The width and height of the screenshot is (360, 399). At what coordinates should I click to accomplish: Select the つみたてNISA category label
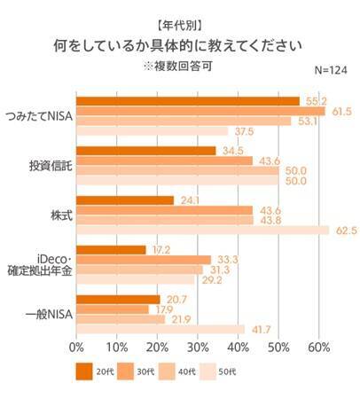tap(39, 116)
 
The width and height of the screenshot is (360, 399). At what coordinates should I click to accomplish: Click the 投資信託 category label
tap(50, 166)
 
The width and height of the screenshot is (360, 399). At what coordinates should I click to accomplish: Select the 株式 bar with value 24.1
tap(125, 200)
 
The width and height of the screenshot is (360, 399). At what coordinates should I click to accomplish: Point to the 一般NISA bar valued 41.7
tap(160, 330)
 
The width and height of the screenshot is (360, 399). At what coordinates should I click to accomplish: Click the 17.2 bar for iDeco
tap(111, 250)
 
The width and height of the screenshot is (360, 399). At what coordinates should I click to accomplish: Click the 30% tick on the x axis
tap(198, 345)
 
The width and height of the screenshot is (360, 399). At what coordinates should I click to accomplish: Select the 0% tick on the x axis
tap(76, 345)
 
